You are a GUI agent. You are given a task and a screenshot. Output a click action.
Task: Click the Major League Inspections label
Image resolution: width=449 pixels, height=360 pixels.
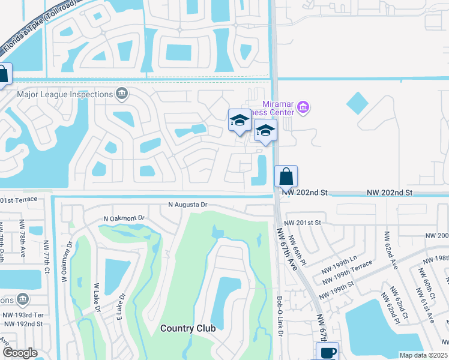click(x=65, y=94)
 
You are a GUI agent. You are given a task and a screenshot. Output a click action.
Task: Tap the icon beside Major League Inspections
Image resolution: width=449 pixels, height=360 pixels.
click(x=122, y=94)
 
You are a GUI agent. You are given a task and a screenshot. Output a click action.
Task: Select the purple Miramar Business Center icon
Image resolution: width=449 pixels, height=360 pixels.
click(x=304, y=108)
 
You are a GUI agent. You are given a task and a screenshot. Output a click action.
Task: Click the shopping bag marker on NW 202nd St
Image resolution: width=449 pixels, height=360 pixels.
click(x=286, y=177)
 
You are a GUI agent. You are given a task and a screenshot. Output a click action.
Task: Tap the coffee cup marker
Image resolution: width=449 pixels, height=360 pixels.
click(x=328, y=352)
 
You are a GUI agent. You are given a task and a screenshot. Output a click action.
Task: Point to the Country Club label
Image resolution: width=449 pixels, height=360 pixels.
click(x=188, y=328)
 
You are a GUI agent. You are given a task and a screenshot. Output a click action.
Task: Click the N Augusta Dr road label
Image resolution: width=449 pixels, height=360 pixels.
click(x=187, y=205)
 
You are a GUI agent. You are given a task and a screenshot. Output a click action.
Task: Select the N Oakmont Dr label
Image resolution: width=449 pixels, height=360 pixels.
click(x=125, y=218)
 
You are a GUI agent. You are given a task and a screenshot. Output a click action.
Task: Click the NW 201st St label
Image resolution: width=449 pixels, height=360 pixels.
click(x=303, y=223)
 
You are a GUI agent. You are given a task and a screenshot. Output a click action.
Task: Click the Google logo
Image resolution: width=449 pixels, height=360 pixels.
click(x=20, y=352)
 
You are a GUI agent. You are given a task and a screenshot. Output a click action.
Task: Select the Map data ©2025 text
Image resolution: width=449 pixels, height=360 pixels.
click(x=423, y=355)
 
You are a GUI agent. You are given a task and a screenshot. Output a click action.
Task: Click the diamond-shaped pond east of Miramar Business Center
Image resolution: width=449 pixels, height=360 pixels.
click(x=358, y=103)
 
